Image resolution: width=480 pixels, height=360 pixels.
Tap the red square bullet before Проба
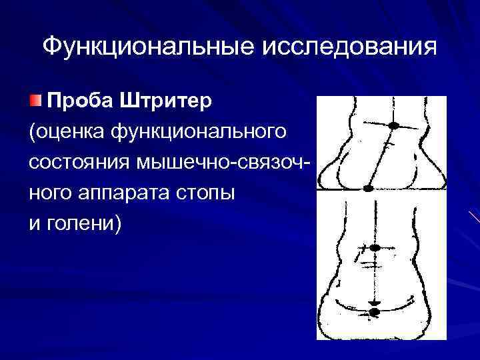coord(34,101)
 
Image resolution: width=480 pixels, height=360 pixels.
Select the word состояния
coord(79,162)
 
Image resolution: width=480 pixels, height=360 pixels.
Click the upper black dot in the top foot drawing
coord(394,125)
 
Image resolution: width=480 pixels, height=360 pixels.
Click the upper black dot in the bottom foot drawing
coord(374,248)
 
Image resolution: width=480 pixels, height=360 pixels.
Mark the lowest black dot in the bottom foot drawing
coord(374,311)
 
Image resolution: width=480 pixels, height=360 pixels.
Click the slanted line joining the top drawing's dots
coord(381,156)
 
